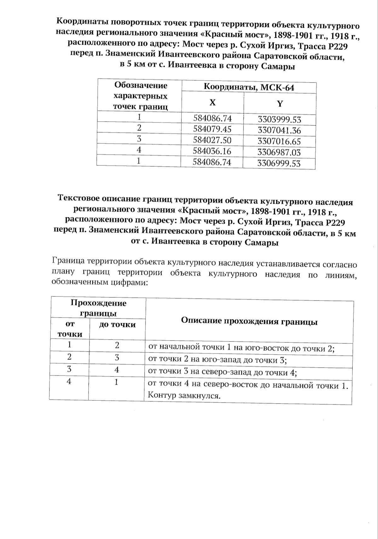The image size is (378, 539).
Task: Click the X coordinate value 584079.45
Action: pyautogui.click(x=212, y=129)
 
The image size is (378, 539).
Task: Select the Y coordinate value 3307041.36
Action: pyautogui.click(x=279, y=130)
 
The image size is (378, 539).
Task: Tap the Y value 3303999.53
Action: pyautogui.click(x=279, y=120)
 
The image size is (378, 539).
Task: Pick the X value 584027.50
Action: pyautogui.click(x=212, y=140)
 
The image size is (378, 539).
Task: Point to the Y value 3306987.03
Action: pyautogui.click(x=279, y=152)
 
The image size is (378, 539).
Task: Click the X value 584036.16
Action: pyautogui.click(x=212, y=151)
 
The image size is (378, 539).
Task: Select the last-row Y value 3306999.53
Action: pyautogui.click(x=279, y=163)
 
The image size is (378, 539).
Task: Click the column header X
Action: pyautogui.click(x=213, y=103)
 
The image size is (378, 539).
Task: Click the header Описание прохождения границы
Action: pyautogui.click(x=249, y=322)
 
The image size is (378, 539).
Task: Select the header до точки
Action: pyautogui.click(x=117, y=324)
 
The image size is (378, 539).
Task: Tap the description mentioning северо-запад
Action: pyautogui.click(x=223, y=372)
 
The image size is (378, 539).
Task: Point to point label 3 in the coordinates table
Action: pyautogui.click(x=139, y=139)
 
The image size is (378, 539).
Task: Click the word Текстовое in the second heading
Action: pyautogui.click(x=79, y=199)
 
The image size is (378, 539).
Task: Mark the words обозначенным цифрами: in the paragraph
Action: pyautogui.click(x=99, y=282)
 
